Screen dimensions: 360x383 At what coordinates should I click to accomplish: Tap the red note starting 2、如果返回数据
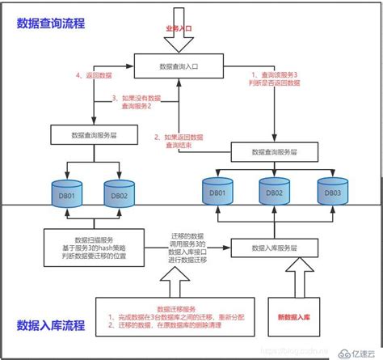point(175,142)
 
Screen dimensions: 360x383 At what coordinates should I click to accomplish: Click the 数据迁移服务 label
point(177,308)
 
